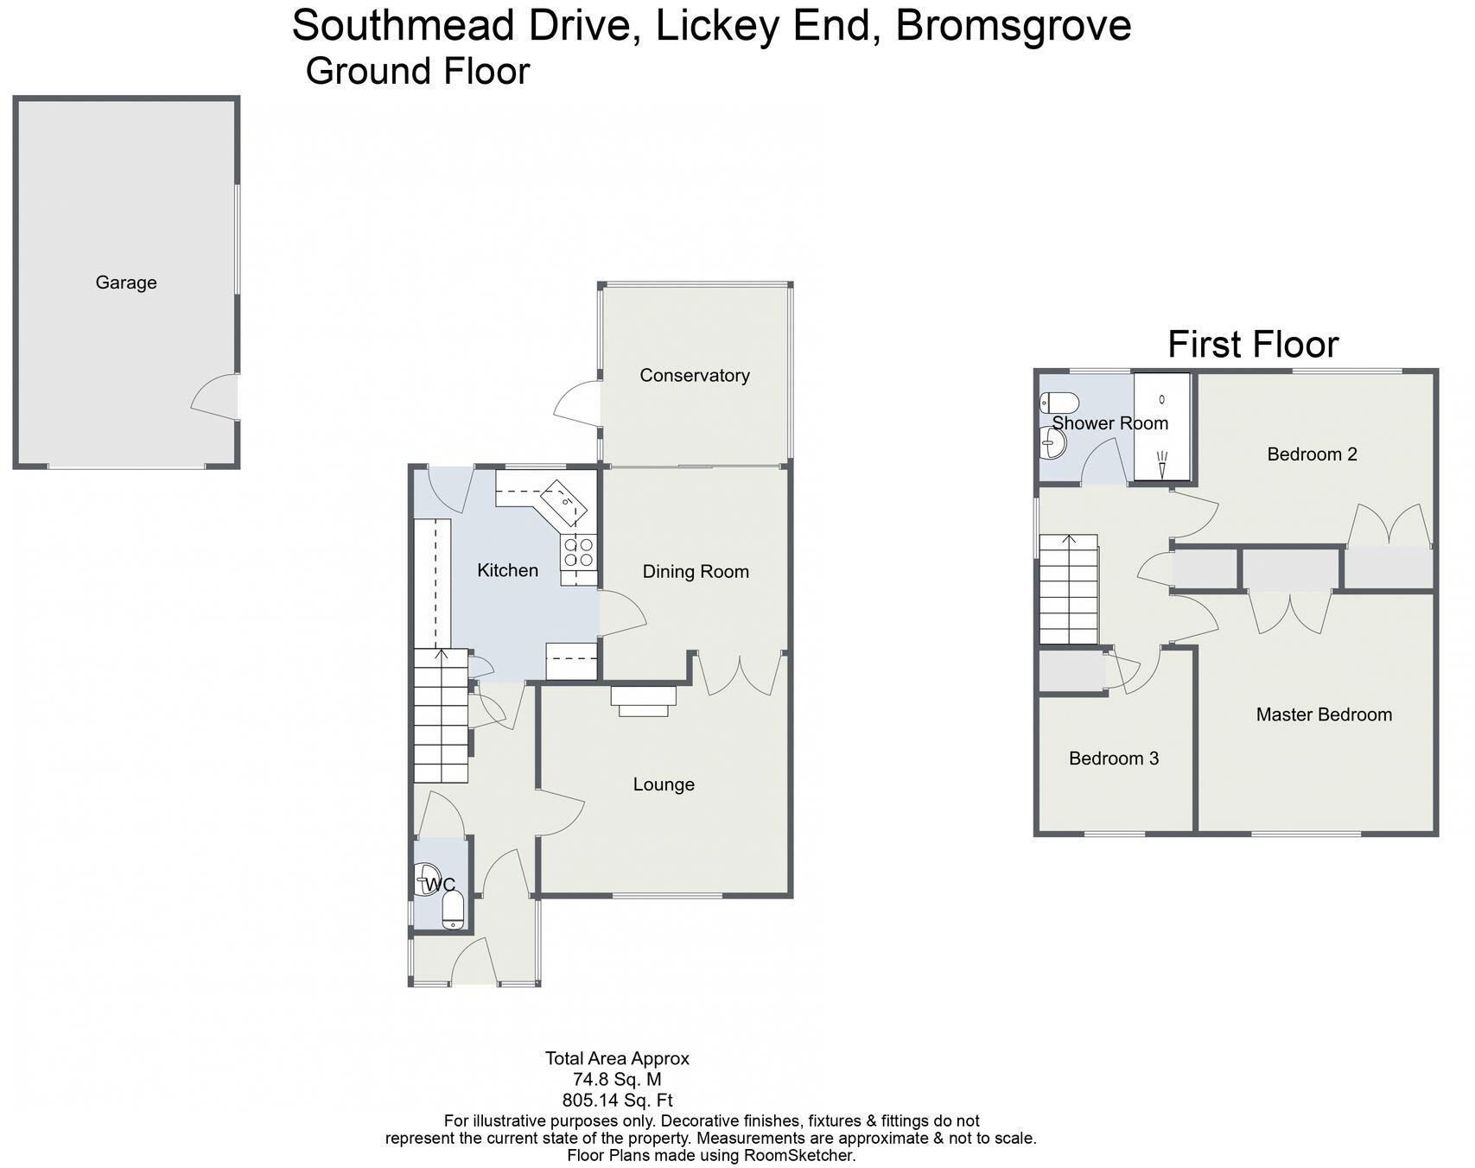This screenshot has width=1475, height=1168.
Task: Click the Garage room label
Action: click(x=126, y=282)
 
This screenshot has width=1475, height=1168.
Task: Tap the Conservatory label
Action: click(x=694, y=375)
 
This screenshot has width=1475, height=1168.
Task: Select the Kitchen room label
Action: click(x=507, y=570)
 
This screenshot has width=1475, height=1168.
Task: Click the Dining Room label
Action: click(x=695, y=572)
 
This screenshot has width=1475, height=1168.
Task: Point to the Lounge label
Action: click(x=664, y=784)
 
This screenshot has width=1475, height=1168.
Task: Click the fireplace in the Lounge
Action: click(x=643, y=701)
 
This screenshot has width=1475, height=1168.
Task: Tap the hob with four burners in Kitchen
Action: click(x=579, y=553)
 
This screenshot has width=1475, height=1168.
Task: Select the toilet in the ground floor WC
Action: click(x=453, y=911)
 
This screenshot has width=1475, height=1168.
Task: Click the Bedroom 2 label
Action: click(x=1312, y=454)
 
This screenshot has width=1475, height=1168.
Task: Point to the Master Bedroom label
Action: click(x=1323, y=714)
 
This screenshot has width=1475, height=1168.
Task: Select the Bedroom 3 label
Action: click(x=1113, y=759)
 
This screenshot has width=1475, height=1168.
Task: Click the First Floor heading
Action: click(x=1252, y=345)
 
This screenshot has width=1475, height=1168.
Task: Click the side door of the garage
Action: click(x=216, y=397)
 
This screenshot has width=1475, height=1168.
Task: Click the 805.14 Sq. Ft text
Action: click(x=617, y=1101)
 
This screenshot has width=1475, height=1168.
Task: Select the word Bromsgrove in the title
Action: click(x=1013, y=26)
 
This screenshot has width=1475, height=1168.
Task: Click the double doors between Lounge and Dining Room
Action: click(x=741, y=674)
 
